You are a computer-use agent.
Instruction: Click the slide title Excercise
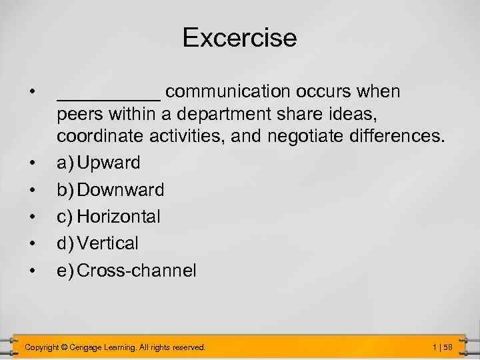click(x=239, y=37)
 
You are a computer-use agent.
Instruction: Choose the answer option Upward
click(x=109, y=163)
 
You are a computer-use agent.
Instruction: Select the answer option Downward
click(x=121, y=190)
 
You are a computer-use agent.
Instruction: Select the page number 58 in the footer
click(x=448, y=347)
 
